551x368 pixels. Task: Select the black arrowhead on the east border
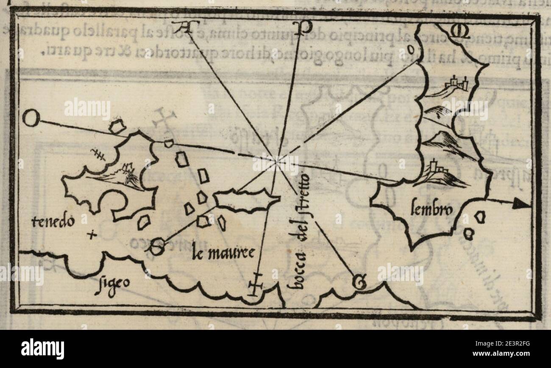(521, 204)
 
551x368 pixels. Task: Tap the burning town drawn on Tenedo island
(127, 174)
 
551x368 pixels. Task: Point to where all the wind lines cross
(276, 161)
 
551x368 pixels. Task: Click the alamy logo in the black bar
(42, 348)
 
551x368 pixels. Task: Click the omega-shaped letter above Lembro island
(459, 31)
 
